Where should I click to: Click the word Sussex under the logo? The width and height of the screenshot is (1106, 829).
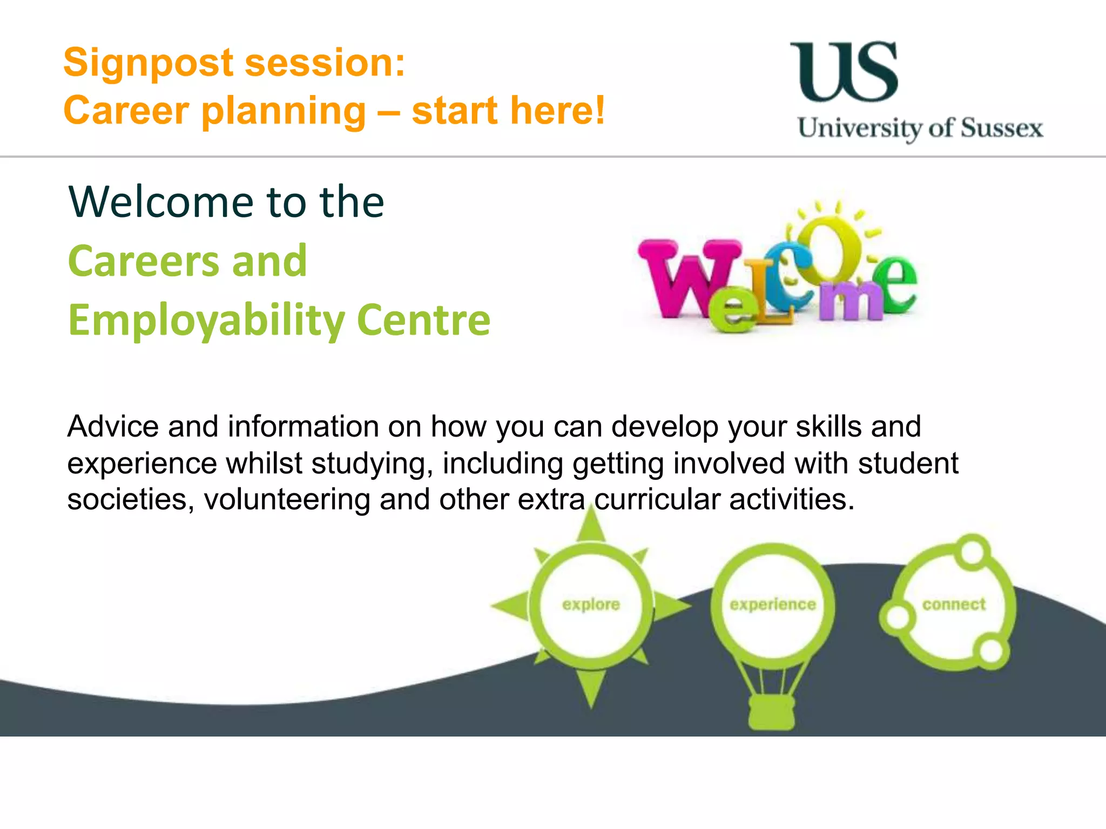click(1002, 128)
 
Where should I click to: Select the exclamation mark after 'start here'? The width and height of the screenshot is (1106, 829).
click(598, 110)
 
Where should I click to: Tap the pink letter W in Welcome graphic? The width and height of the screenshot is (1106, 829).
click(685, 277)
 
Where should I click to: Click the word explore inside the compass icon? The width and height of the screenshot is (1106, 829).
click(591, 604)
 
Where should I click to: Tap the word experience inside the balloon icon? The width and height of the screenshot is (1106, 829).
click(772, 604)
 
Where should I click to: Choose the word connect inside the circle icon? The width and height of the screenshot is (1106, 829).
click(954, 604)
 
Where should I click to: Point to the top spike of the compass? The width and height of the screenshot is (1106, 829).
click(592, 524)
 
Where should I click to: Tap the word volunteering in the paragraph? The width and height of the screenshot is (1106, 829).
click(287, 499)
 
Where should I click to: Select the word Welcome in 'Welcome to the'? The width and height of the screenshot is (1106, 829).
click(160, 202)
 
